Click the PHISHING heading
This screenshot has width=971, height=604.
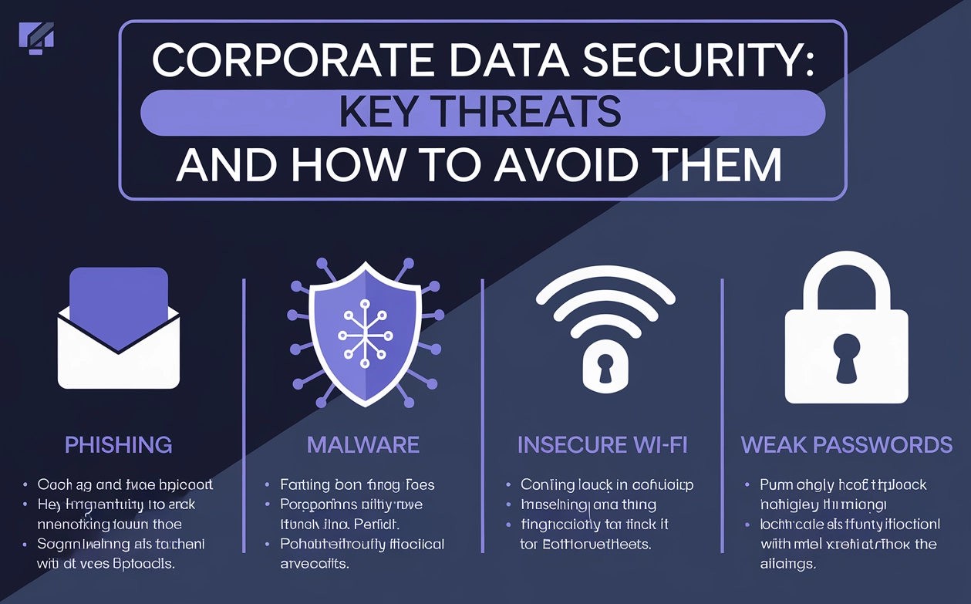(x=118, y=444)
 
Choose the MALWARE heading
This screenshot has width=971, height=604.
(x=362, y=444)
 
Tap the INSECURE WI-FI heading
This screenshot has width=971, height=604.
(x=602, y=444)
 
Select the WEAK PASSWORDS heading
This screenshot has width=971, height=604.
(x=846, y=444)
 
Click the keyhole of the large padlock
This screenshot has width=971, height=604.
(x=847, y=356)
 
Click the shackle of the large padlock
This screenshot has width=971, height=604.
(x=847, y=274)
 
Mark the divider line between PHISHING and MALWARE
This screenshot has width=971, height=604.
(x=244, y=417)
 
